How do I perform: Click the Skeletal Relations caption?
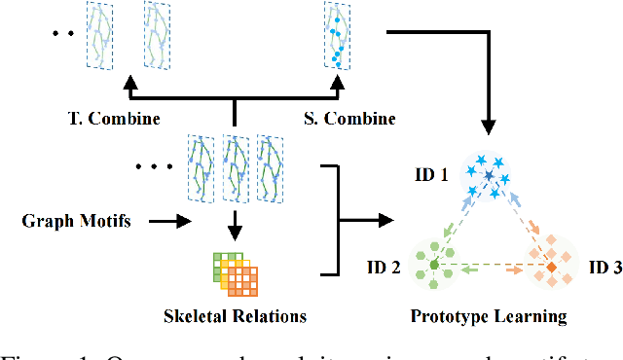point(236,316)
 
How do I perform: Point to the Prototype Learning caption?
point(489,316)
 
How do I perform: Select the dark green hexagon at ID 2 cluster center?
point(434,263)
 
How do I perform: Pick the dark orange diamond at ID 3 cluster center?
point(550,265)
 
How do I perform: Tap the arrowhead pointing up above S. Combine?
point(338,91)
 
